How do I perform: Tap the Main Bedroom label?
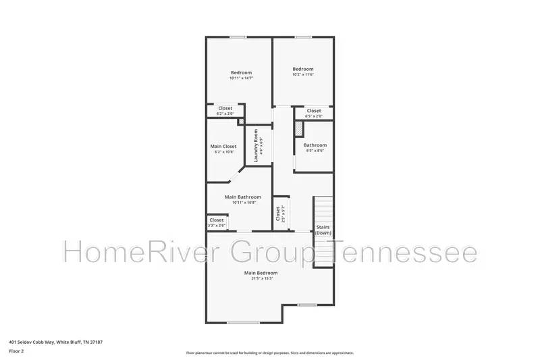coord(261,273)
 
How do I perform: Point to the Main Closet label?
coord(223,146)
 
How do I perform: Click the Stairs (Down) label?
coord(323,230)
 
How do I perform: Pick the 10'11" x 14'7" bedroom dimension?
coord(241,79)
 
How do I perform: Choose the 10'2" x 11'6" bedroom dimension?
coord(303,75)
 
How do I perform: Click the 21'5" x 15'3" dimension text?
coord(261,278)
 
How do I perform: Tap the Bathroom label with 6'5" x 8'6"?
coord(315,145)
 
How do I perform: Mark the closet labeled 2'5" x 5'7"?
coord(278,214)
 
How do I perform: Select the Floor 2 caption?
coord(16,351)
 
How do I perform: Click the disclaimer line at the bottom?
coord(270,353)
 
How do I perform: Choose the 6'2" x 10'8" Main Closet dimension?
coord(223,152)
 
